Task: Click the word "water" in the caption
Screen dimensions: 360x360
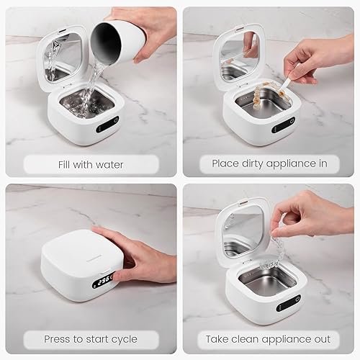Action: coord(107,164)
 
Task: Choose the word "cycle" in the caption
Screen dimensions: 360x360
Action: coord(120,339)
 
